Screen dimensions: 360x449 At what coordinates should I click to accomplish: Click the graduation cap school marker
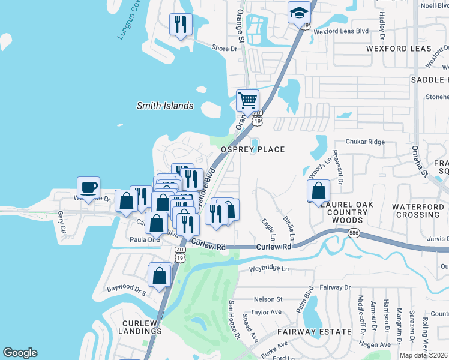298,13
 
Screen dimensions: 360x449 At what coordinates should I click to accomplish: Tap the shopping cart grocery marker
247,100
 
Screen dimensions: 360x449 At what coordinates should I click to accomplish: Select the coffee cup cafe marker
88,187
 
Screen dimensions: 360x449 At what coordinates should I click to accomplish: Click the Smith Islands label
165,106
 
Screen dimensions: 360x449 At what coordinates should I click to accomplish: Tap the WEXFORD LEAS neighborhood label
399,49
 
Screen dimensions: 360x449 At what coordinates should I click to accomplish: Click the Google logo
20,352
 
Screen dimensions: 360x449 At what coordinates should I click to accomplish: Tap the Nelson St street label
268,299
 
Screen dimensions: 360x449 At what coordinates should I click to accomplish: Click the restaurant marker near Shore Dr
181,25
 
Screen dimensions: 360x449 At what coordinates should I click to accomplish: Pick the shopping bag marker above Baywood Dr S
160,276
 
